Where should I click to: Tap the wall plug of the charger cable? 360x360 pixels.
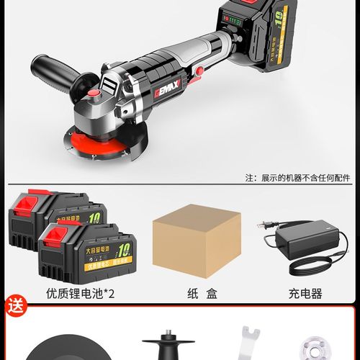(x=265, y=225)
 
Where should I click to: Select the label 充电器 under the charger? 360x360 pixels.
(x=303, y=293)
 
